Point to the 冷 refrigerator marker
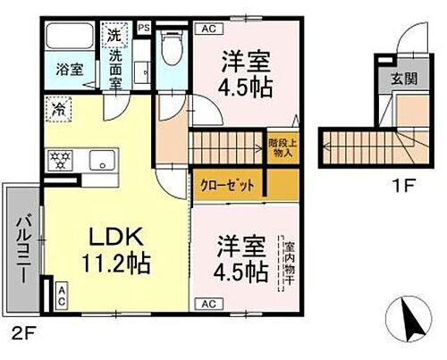tap(55, 114)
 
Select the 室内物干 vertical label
tap(289, 262)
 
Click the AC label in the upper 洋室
tap(207, 29)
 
